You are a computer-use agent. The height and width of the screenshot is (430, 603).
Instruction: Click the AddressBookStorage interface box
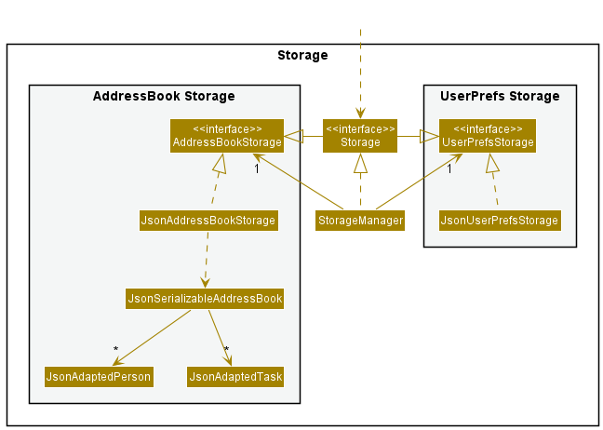click(227, 136)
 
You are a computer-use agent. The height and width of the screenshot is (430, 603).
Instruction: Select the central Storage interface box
click(360, 136)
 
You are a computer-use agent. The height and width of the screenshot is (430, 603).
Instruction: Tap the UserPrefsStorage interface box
click(488, 136)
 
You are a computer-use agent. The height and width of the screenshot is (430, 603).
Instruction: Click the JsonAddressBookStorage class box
click(208, 221)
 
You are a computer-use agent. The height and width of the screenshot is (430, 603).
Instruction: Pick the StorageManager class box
click(360, 221)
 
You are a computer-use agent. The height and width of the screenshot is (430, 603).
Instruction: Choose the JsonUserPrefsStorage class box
click(500, 221)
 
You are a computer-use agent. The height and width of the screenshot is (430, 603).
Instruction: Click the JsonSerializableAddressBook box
click(205, 299)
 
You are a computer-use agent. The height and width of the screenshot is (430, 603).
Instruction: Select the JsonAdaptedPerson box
click(99, 377)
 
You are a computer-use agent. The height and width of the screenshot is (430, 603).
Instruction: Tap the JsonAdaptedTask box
click(235, 377)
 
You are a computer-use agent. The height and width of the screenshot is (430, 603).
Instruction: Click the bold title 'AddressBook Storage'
click(164, 96)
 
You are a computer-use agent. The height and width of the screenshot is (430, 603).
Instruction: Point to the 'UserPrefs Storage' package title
click(500, 96)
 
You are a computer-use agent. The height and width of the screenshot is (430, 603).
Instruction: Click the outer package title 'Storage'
click(302, 56)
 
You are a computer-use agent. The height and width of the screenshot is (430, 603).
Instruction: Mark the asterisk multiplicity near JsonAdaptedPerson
click(115, 350)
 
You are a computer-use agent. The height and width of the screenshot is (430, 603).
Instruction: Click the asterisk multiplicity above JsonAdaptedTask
click(226, 350)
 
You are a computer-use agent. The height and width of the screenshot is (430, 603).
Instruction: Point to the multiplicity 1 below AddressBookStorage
click(257, 168)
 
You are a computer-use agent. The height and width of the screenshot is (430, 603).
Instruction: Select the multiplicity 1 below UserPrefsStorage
click(449, 168)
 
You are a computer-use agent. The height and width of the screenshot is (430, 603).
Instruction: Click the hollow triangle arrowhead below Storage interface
click(360, 163)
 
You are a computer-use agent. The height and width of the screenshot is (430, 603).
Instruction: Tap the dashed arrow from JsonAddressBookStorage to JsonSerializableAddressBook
click(207, 260)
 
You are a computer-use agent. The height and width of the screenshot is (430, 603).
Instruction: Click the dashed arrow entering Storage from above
click(360, 74)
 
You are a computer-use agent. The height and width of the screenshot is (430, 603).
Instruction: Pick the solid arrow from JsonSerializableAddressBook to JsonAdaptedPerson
click(152, 338)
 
